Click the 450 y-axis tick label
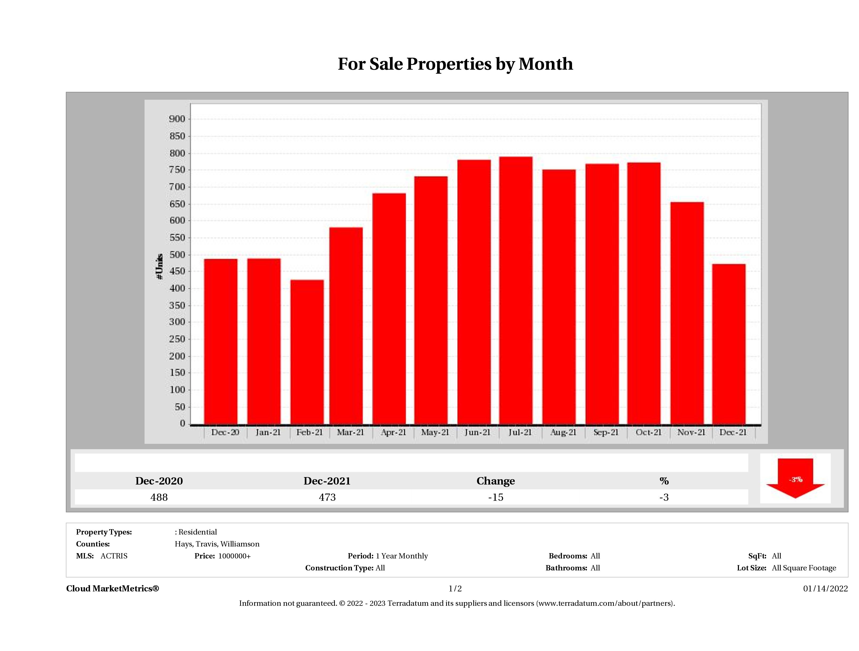tap(177, 272)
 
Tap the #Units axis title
tap(159, 267)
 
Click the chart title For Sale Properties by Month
tap(455, 64)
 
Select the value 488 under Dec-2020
tap(159, 497)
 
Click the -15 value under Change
tap(496, 497)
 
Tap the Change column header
tap(496, 481)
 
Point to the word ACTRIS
tap(114, 556)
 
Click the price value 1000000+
tap(234, 556)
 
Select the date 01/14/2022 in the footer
tap(825, 589)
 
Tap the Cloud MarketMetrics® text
tap(113, 589)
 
